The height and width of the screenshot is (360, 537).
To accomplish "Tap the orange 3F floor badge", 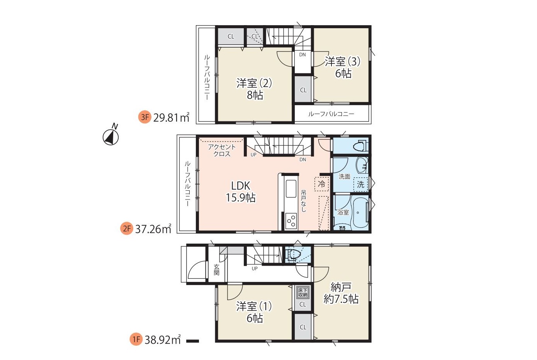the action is tap(144, 117).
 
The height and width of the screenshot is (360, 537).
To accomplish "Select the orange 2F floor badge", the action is tap(126, 228).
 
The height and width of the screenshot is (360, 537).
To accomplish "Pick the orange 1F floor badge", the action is tap(136, 340).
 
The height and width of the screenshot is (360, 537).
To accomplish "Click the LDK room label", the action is tap(241, 191).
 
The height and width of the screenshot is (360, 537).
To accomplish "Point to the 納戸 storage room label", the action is tap(341, 293).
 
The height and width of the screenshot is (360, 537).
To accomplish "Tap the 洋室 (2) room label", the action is tap(254, 89).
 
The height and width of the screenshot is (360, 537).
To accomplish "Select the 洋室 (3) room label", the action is tap(343, 67).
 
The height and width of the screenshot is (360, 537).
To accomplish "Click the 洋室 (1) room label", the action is tap(254, 312).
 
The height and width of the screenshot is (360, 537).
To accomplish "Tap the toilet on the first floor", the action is tap(294, 254).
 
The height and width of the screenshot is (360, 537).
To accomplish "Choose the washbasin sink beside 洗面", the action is tap(362, 165).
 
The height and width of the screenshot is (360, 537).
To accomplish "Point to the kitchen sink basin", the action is tap(291, 189).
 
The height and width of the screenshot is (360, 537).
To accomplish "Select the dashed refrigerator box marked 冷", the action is tap(321, 184).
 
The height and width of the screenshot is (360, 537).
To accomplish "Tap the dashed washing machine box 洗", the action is tap(360, 184).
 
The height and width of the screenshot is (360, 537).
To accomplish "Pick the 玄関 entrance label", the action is tap(216, 270).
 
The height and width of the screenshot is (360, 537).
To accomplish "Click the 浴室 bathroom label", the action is tap(343, 212).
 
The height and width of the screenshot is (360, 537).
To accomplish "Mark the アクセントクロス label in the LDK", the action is tap(222, 150).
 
